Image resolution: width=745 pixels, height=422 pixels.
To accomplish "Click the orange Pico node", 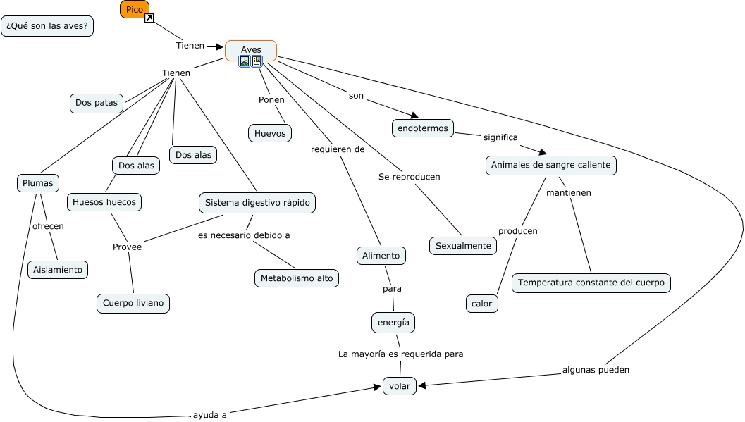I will coord(134,9).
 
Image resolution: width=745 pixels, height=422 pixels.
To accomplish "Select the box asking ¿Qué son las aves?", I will coord(47,26).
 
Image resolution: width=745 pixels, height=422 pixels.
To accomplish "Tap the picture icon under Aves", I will coord(245,61).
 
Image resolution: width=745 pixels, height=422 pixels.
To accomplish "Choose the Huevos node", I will coord(270,132).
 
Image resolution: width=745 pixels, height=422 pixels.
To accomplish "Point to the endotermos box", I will coord(423,128).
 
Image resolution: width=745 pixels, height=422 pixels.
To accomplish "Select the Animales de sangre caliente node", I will coord(551,166).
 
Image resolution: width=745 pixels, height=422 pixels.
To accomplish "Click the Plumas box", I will coord(38,183).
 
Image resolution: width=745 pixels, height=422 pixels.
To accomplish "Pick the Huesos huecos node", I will coord(105,202).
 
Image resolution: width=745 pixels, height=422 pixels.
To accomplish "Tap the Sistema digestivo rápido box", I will coord(257,203).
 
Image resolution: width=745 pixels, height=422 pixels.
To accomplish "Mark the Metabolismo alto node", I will coord(297,278).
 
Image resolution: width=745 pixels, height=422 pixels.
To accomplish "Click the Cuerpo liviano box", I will coord(133,304).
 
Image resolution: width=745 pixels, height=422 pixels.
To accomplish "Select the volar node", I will coord(400,385).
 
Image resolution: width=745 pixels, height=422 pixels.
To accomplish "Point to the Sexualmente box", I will coord(463,246).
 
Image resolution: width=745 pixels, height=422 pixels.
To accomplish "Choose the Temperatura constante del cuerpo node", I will coord(591,283).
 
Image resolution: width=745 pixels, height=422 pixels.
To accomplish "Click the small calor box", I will coord(482,304).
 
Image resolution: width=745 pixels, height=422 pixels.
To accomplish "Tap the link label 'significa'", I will coord(500,137).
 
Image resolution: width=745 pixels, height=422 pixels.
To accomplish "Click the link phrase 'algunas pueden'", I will coord(596,369).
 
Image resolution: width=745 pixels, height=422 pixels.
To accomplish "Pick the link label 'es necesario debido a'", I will coord(244,235).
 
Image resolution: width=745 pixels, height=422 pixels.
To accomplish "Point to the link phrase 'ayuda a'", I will coord(209,415).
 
